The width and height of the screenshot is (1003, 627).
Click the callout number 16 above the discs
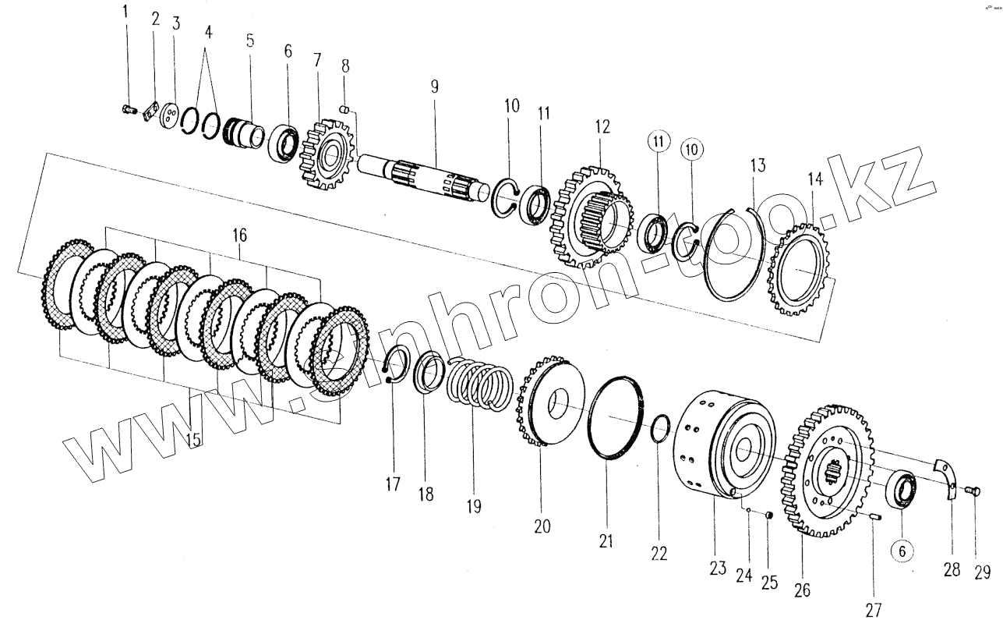coord(238,234)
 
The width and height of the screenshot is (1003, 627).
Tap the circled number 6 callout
coord(902,551)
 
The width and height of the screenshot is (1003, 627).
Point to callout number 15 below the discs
coord(193,440)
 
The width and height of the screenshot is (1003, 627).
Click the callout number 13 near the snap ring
coord(758,166)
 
